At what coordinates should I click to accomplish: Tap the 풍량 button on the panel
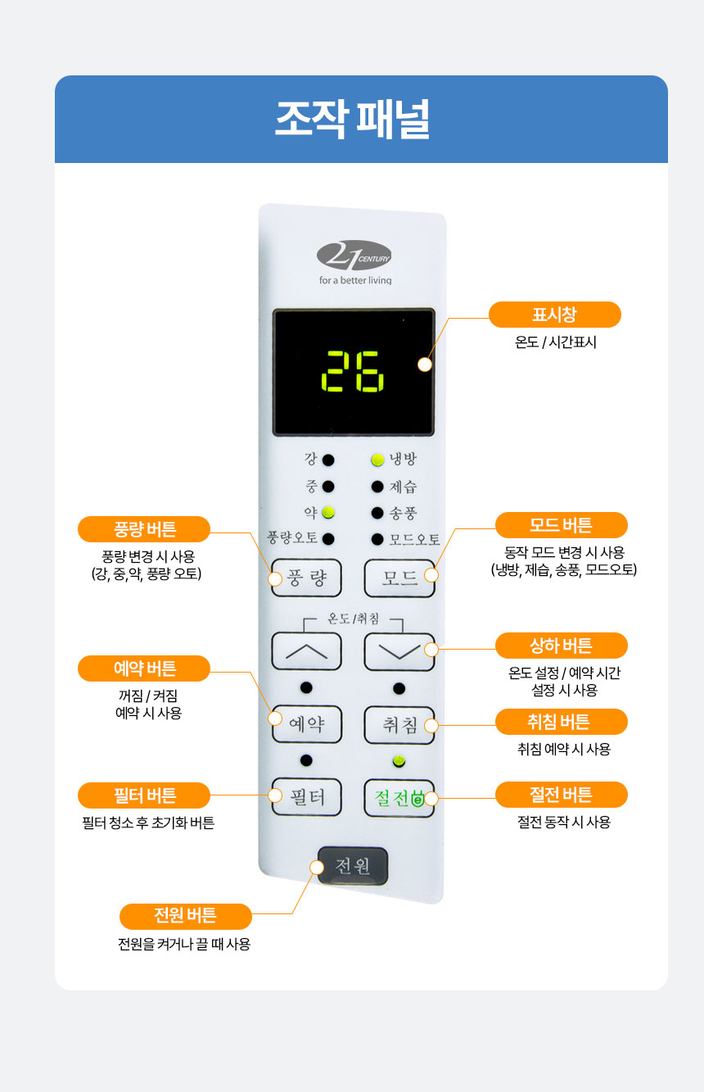(306, 578)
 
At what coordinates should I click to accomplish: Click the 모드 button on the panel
(399, 578)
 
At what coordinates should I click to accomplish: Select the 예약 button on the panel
(306, 724)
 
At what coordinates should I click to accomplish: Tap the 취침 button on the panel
(399, 725)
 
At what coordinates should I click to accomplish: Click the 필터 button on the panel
(306, 797)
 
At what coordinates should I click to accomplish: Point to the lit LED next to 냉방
(377, 460)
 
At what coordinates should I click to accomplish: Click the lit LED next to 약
(328, 512)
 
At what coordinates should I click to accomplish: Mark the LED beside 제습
(377, 487)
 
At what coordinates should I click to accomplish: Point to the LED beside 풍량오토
(328, 539)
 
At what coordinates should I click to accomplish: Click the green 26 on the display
(353, 371)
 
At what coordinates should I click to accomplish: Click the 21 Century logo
(354, 255)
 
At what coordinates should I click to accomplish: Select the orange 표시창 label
(555, 315)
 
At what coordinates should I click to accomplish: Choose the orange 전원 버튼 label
(186, 917)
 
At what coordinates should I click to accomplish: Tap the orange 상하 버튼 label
(562, 646)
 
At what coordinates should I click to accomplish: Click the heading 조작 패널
(353, 120)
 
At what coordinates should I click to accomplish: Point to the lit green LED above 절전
(399, 760)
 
